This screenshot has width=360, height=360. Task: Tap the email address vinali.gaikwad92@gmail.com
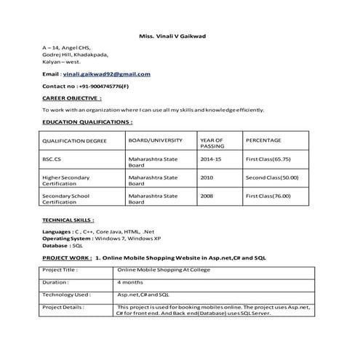[x=107, y=74]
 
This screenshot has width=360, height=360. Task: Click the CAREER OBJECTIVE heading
[x=72, y=97]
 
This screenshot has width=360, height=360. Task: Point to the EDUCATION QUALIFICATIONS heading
[x=87, y=121]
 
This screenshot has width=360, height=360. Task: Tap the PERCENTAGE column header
[x=263, y=140]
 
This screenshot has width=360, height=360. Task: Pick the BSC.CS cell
[x=53, y=158]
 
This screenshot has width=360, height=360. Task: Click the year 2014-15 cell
[x=211, y=158]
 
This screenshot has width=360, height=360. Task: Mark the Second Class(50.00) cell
[x=272, y=177]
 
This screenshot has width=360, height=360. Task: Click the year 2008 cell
[x=207, y=196]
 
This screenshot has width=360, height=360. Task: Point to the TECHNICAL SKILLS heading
[x=68, y=219]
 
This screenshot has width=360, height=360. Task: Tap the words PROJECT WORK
[x=66, y=258]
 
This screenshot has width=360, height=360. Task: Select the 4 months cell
[x=130, y=282]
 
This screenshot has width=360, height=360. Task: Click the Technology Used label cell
[x=67, y=295]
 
